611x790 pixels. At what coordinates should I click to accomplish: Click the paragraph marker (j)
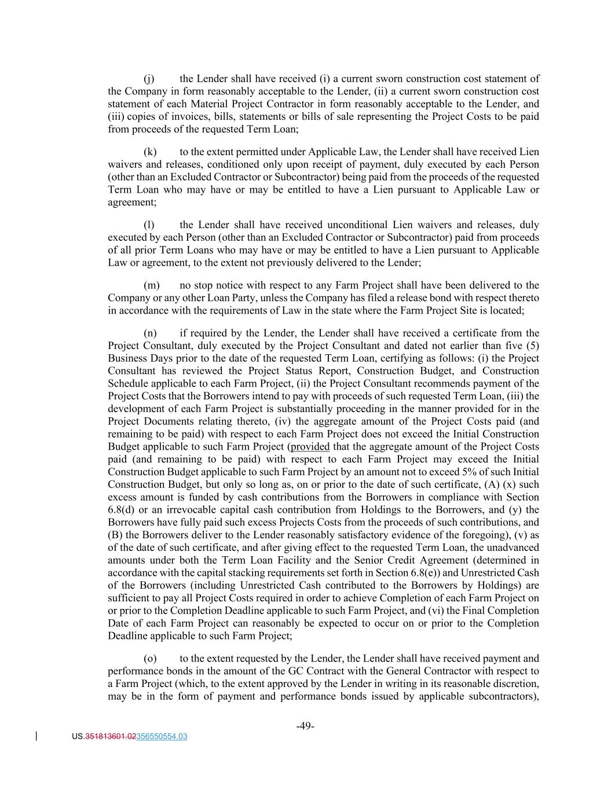click(149, 79)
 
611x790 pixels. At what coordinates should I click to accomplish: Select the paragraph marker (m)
click(151, 285)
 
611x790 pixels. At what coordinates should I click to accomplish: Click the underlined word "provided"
click(310, 446)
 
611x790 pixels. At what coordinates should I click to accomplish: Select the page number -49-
click(305, 726)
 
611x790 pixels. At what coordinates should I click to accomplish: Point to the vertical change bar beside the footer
click(36, 736)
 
